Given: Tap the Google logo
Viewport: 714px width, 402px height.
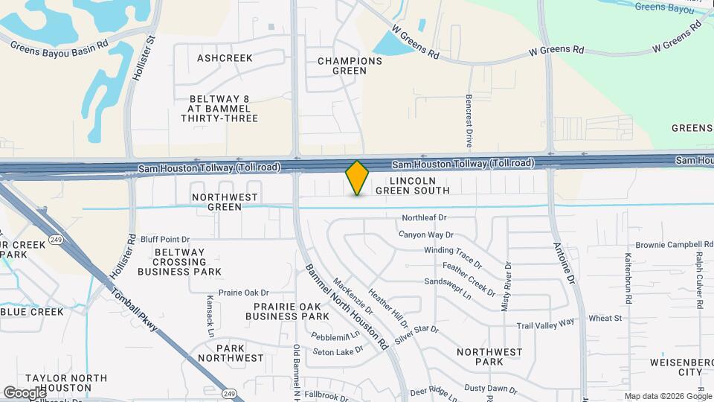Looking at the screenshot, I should point(25,392).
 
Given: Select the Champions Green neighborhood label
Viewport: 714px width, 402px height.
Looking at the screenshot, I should point(344,66).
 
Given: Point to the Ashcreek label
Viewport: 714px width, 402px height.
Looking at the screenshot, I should point(225,58).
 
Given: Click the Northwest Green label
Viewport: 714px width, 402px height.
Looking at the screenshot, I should point(225,202).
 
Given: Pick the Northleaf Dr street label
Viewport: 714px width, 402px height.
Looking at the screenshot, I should point(423,218).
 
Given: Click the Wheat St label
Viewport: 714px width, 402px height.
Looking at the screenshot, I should point(605,319).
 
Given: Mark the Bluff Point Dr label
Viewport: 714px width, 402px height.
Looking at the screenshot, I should point(164,240).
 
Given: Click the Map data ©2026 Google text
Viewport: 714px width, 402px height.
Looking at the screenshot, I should point(667,396).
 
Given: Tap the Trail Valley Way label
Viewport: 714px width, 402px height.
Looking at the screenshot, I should point(546,324).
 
